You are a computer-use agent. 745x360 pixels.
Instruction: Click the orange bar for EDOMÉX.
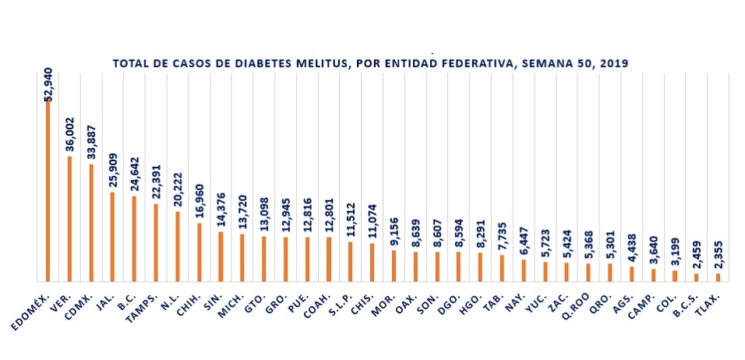pyautogui.click(x=48, y=191)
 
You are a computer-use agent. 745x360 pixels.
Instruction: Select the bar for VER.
pyautogui.click(x=69, y=218)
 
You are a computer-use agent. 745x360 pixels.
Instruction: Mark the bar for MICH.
pyautogui.click(x=242, y=257)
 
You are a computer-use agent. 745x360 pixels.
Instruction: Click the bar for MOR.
pyautogui.click(x=394, y=265)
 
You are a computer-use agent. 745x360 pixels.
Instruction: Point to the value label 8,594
pyautogui.click(x=458, y=234)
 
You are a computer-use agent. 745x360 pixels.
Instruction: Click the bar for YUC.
pyautogui.click(x=545, y=271)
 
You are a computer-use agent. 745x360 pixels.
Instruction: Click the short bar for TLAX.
pyautogui.click(x=718, y=277)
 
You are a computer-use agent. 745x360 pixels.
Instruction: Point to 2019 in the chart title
pyautogui.click(x=616, y=62)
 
